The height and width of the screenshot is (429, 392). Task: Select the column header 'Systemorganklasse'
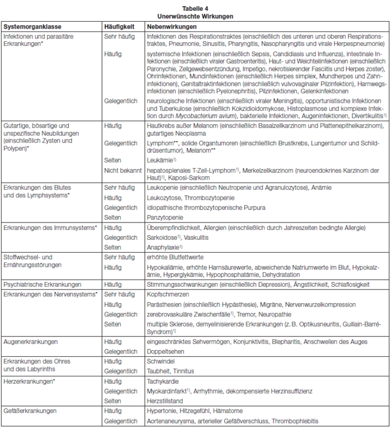coord(32,26)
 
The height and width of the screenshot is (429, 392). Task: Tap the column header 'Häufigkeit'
coord(119,26)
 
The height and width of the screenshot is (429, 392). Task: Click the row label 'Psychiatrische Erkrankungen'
coord(42,284)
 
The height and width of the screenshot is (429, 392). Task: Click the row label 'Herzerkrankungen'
coord(29,380)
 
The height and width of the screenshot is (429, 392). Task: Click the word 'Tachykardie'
coord(162,380)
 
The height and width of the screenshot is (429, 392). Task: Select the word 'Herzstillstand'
coord(164,400)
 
